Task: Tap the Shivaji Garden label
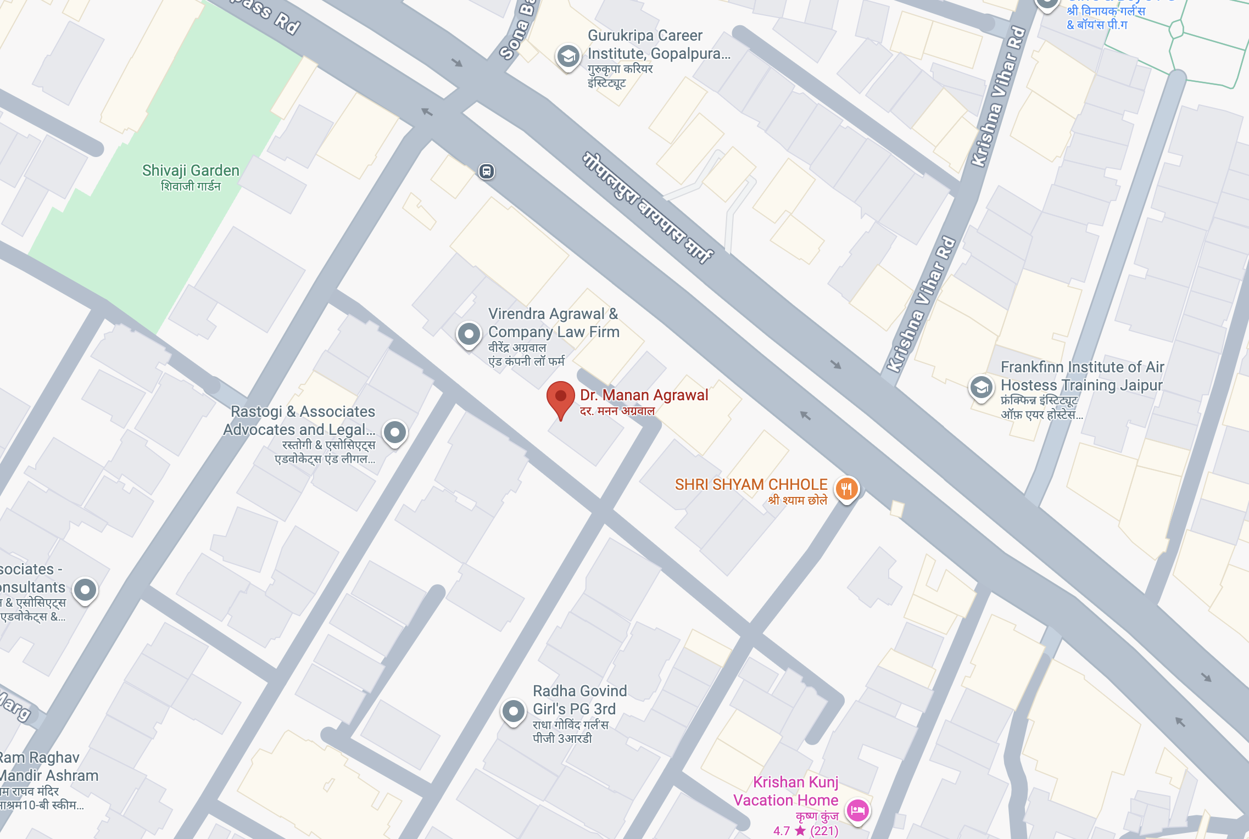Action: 191,171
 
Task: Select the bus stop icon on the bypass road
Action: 486,171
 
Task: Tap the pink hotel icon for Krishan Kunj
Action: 857,810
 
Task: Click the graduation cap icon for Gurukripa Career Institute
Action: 568,56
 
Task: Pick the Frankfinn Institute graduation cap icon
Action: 981,387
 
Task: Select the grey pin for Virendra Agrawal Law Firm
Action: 469,333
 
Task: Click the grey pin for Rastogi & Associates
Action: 394,433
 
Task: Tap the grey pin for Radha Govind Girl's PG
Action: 513,711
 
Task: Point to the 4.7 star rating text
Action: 805,831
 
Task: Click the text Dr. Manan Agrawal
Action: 644,395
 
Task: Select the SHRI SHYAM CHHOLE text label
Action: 751,484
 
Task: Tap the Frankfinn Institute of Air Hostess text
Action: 1081,376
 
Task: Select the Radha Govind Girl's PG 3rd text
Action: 579,700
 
